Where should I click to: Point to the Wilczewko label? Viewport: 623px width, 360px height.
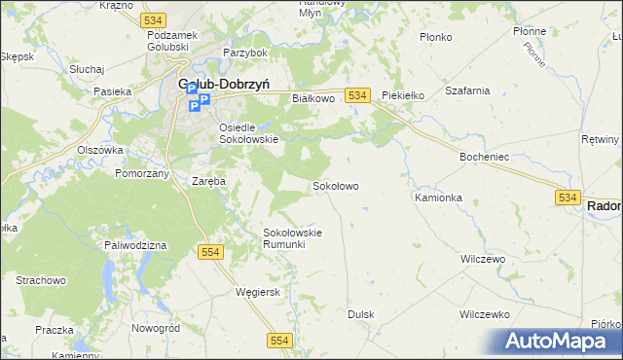[x=485, y=315]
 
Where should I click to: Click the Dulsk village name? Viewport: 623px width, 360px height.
[x=361, y=315]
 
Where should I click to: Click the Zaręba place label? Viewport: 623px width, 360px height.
[x=208, y=181]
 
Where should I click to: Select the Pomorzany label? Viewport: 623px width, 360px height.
[x=142, y=172]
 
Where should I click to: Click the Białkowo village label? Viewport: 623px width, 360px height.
[x=313, y=98]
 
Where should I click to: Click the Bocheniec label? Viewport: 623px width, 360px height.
[x=486, y=156]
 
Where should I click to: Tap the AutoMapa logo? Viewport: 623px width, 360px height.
[x=560, y=341]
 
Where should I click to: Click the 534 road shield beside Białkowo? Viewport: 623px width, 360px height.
[x=358, y=94]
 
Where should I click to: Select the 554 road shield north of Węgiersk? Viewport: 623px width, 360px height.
[x=212, y=252]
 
